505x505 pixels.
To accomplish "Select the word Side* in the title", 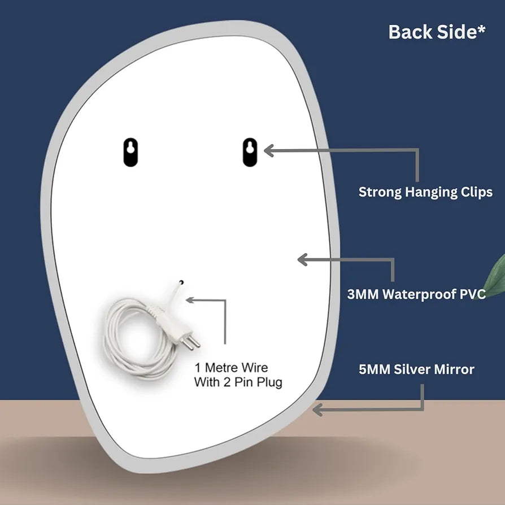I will (460, 32).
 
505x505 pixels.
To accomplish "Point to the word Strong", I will (380, 192).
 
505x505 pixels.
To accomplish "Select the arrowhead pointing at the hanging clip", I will (268, 150).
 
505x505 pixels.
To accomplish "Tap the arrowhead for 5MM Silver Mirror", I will (317, 409).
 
